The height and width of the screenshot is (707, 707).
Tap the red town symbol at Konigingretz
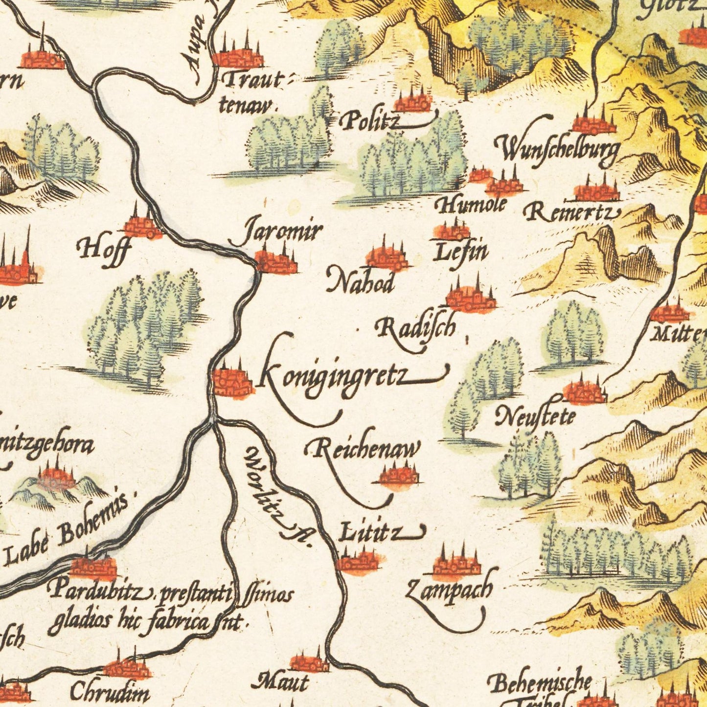233,382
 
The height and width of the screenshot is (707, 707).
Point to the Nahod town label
361,282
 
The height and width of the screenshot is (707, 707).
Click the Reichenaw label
363,449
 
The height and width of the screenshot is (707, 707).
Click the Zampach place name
449,589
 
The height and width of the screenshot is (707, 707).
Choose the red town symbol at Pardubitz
93,567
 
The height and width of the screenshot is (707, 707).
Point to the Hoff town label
105,249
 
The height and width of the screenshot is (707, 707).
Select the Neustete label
535,417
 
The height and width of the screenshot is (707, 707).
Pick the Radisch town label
416,327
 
